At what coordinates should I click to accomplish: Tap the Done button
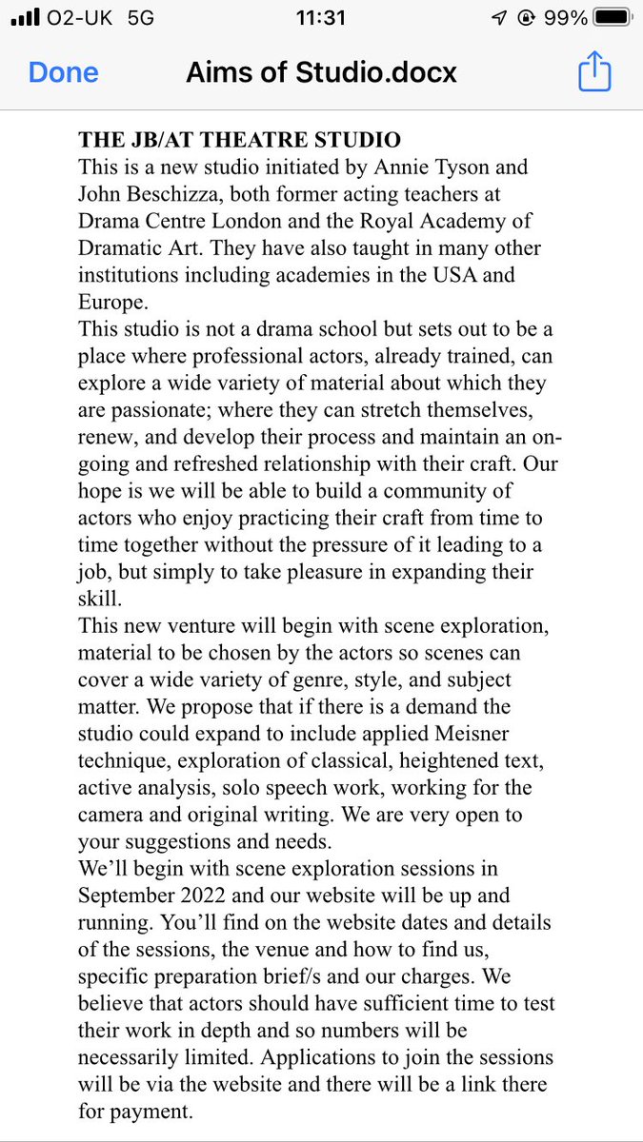(x=63, y=73)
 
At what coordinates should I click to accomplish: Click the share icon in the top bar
(x=593, y=72)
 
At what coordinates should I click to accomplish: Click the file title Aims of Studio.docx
(x=321, y=73)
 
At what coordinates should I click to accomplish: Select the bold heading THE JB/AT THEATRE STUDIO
(x=239, y=140)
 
